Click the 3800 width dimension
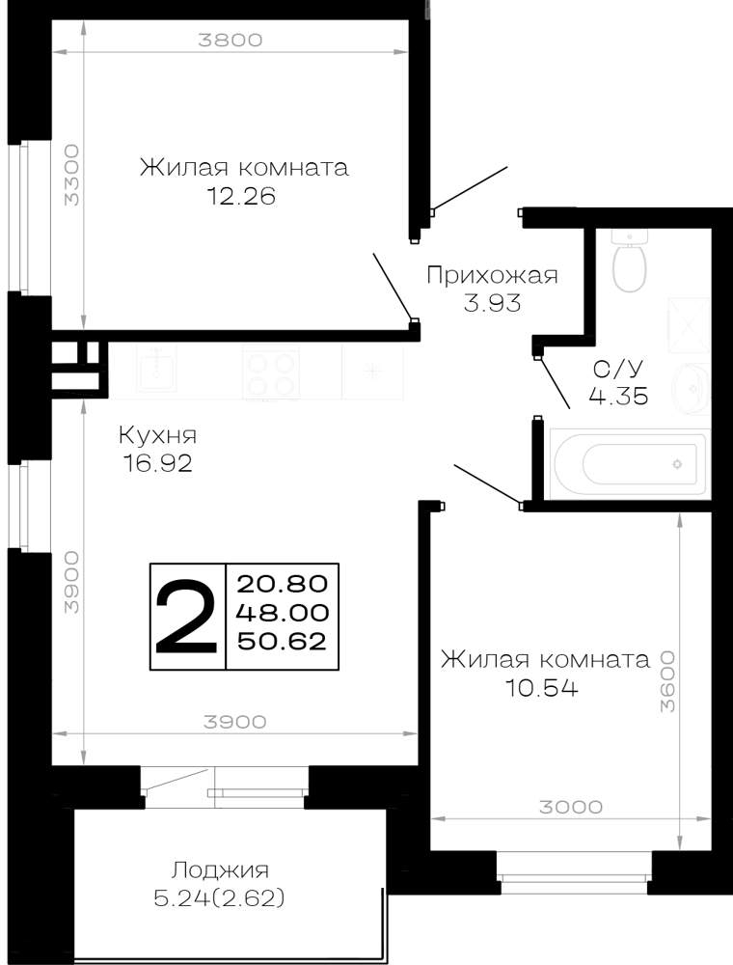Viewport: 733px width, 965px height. point(230,40)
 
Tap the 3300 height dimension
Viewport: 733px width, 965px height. point(72,175)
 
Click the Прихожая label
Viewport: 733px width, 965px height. point(492,275)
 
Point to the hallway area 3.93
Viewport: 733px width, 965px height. point(492,303)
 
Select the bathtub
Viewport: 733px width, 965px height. point(630,464)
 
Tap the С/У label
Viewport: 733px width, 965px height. point(618,369)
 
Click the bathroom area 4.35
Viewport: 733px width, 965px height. point(618,396)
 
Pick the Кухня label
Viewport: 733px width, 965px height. point(157,436)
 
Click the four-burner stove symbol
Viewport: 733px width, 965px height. point(271,372)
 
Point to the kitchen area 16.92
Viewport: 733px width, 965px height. point(157,463)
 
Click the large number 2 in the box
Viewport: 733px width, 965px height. point(186,617)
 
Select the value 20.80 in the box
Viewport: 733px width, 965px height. point(283,583)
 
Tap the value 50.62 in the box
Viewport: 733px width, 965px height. point(283,642)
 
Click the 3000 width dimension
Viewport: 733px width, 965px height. point(571,807)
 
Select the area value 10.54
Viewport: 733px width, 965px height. point(542,687)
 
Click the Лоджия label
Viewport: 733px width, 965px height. point(220,870)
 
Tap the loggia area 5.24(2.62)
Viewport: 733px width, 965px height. point(220,899)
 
